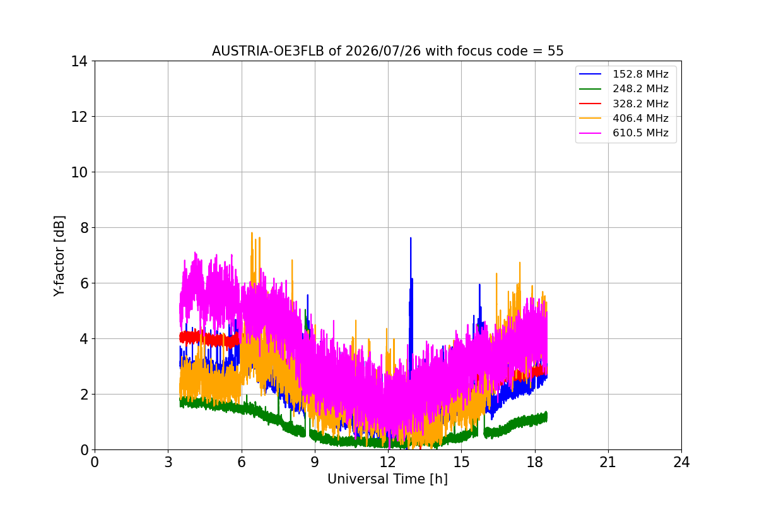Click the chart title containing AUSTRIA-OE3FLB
pos(387,51)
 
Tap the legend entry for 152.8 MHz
pos(623,74)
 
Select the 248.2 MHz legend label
pos(640,88)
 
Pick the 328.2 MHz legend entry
pos(623,104)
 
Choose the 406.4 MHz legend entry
pos(623,118)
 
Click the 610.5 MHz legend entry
pos(623,133)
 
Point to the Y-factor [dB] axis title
pos(59,256)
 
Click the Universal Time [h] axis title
pos(387,479)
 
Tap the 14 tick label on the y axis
pos(79,62)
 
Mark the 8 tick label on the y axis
pos(84,228)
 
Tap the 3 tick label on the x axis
pos(168,462)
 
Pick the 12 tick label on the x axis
pos(388,462)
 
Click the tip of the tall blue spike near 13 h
pos(411,238)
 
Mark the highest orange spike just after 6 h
pos(252,233)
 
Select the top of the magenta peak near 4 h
pos(196,252)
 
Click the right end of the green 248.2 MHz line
pos(547,417)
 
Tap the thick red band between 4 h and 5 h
pos(209,338)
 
